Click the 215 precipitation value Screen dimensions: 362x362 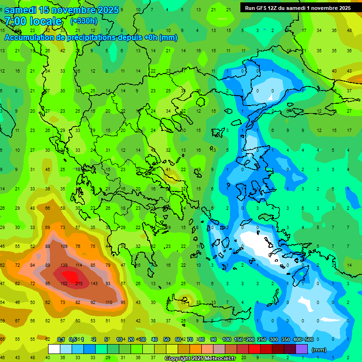click(79, 283)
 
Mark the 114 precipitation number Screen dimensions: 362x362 click(79, 265)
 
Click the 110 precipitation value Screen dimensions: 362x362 click(109, 302)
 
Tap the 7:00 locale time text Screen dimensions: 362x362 click(33, 21)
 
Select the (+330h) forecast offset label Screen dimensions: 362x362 click(83, 21)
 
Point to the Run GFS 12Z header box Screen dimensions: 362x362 click(297, 8)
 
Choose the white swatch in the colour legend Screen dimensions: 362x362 click(54, 349)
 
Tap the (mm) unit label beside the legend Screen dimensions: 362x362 click(319, 350)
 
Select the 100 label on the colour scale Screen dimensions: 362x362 click(226, 340)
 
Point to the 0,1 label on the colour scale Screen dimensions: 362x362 click(60, 340)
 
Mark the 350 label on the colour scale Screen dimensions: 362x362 click(285, 340)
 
